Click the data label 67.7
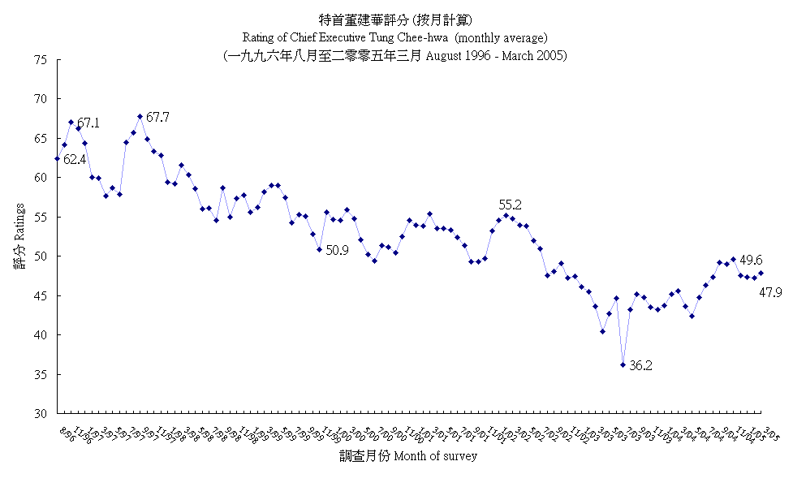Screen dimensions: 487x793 pyautogui.click(x=159, y=118)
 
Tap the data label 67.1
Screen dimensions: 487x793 pyautogui.click(x=88, y=123)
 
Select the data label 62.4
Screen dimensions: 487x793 pyautogui.click(x=75, y=160)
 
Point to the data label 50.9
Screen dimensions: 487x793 pyautogui.click(x=337, y=251)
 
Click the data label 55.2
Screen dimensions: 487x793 pyautogui.click(x=510, y=205)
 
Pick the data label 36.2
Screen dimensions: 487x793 pyautogui.click(x=641, y=366)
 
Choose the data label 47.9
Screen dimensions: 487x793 pyautogui.click(x=770, y=292)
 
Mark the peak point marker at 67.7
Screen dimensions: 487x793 pyautogui.click(x=140, y=116)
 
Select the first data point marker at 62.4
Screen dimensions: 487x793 pyautogui.click(x=57, y=158)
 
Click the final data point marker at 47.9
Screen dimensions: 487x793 pyautogui.click(x=761, y=273)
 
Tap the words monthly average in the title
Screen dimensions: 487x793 pyautogui.click(x=503, y=37)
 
